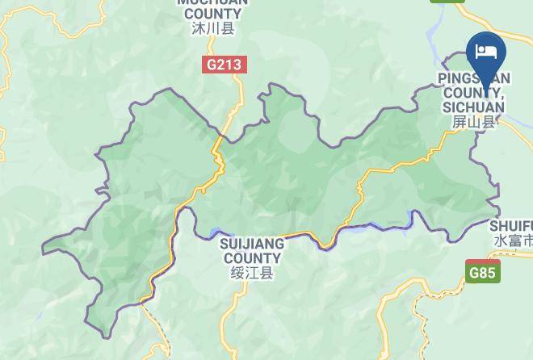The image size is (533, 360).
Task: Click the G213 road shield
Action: [x=224, y=65]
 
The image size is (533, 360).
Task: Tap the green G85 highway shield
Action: [x=482, y=272]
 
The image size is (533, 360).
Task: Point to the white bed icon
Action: [x=486, y=51]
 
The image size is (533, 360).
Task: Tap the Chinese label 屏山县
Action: [x=472, y=122]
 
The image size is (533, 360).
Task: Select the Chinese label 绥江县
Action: [x=252, y=274]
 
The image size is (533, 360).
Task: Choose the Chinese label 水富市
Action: [x=513, y=241]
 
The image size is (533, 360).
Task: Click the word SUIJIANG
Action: [x=252, y=244]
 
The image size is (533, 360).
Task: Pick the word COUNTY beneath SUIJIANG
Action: [x=252, y=258]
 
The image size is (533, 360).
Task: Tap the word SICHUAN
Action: [x=473, y=107]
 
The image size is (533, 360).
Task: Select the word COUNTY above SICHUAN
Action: [x=473, y=92]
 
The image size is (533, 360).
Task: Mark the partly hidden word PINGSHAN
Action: [x=473, y=78]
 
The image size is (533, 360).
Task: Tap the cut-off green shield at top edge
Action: [x=447, y=2]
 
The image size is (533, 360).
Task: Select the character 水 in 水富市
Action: [x=499, y=241]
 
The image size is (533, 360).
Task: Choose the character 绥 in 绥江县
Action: [x=237, y=274]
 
